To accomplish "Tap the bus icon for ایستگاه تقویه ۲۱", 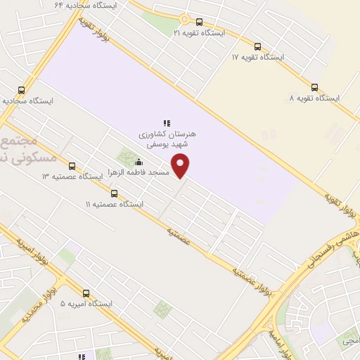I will tap(199, 22).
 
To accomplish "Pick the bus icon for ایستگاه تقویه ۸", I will tap(314, 88).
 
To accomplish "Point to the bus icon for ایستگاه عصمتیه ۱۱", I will tap(114, 193).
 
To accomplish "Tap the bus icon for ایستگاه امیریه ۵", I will tap(86, 293).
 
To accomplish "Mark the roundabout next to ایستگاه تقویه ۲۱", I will tap(184, 20).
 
